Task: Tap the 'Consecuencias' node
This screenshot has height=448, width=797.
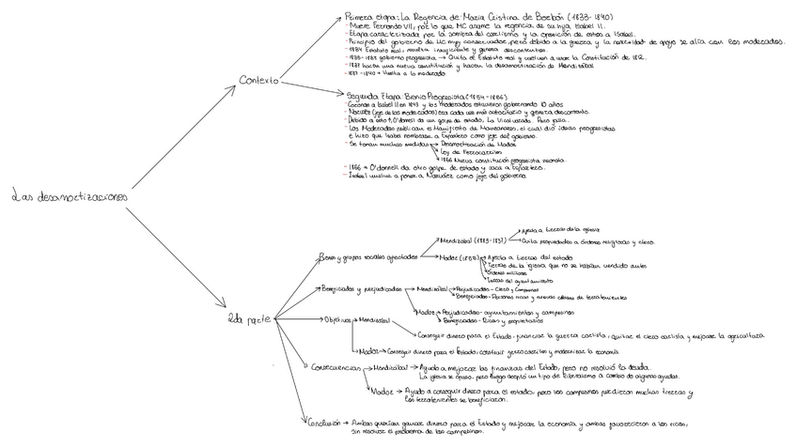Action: (x=331, y=366)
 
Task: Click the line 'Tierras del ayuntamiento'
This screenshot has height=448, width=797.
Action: (x=516, y=280)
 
